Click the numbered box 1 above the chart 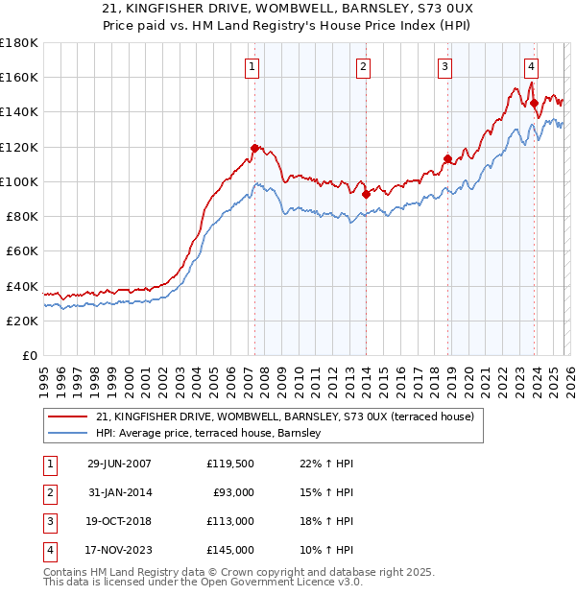(252, 66)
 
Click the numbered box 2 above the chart (364, 66)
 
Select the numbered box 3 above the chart (445, 66)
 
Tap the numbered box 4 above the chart (531, 66)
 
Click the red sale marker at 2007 (254, 148)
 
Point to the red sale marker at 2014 (366, 194)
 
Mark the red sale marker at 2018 (447, 159)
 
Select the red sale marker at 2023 (533, 104)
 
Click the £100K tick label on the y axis (19, 181)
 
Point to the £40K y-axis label (22, 286)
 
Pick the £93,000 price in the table (233, 492)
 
